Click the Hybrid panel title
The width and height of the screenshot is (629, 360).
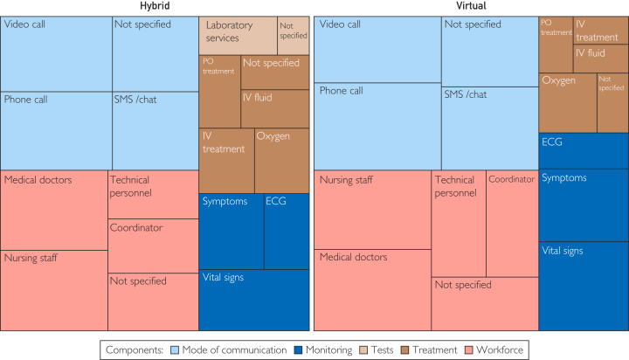[155, 7]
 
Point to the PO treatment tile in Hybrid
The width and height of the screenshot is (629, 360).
[219, 91]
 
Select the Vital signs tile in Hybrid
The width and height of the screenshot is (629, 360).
[254, 300]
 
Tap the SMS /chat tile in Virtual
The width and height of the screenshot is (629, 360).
[489, 128]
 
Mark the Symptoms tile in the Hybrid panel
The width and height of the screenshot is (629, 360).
[232, 232]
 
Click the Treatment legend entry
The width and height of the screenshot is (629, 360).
[431, 350]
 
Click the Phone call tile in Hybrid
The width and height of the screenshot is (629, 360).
[56, 130]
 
